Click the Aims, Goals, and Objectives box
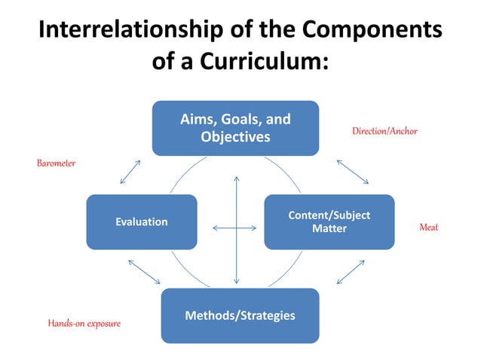[x=235, y=128]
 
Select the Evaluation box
[x=141, y=221]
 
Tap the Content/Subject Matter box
[x=329, y=221]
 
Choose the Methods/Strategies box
[x=240, y=315]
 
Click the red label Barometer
[x=57, y=163]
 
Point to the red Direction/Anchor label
[x=384, y=132]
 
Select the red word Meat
[x=428, y=227]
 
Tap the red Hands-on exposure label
[x=84, y=323]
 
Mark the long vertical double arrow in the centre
[x=236, y=230]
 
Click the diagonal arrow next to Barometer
[x=130, y=172]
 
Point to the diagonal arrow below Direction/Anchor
[x=352, y=172]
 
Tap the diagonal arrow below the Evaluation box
[x=144, y=272]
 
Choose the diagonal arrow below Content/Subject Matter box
[x=351, y=272]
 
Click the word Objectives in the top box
[x=235, y=137]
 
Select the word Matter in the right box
[x=329, y=228]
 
